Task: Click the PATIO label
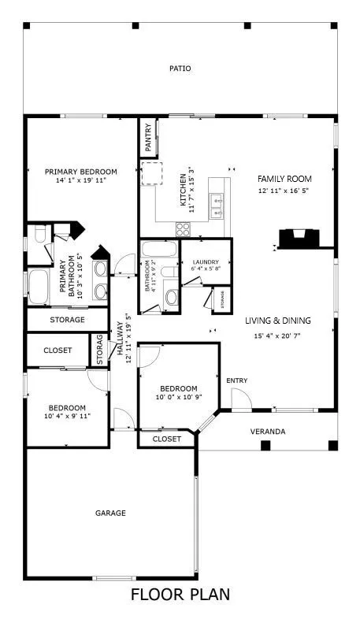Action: coord(180,69)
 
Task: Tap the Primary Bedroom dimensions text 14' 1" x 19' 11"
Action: coord(80,180)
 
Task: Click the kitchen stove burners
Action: coord(183,229)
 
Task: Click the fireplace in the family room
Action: coord(300,238)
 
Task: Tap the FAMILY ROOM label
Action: coord(284,179)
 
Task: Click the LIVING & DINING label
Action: coord(278,321)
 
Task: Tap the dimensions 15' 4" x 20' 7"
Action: coord(278,336)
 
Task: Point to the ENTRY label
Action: coord(237,381)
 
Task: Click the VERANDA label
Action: coord(268,432)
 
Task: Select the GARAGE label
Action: coord(111,513)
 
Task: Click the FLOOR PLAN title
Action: coord(180,595)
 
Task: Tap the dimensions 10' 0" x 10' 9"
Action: coord(179,399)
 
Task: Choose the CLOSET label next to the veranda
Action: coord(166,439)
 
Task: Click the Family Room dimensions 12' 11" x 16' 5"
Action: coord(284,191)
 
